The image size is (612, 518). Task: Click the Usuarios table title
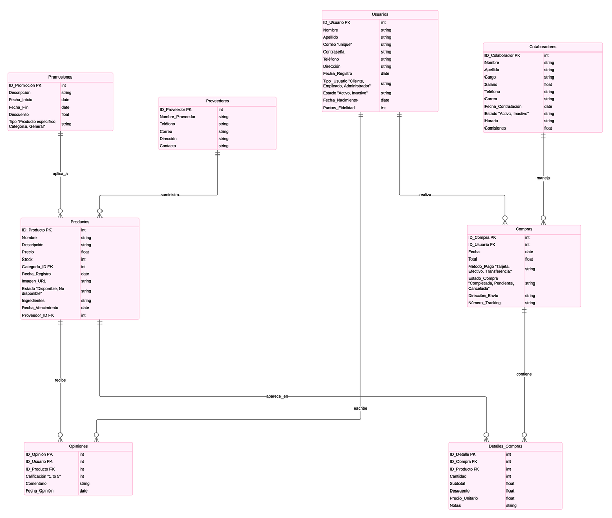(x=379, y=14)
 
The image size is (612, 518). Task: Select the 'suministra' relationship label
(x=170, y=195)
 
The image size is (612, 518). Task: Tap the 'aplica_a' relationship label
(x=60, y=174)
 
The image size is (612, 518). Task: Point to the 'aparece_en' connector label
(x=277, y=396)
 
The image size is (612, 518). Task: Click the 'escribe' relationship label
(x=361, y=408)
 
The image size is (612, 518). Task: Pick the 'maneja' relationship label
(x=543, y=178)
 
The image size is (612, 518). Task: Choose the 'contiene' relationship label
(x=524, y=374)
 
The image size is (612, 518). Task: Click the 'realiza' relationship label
(x=425, y=195)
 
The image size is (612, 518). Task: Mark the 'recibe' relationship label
(x=60, y=380)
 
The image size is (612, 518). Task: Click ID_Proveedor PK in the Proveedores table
(x=176, y=110)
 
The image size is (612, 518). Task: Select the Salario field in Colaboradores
(x=491, y=85)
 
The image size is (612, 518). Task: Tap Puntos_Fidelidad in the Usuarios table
(x=339, y=108)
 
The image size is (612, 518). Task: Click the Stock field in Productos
(x=28, y=260)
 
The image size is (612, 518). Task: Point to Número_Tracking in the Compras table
(x=484, y=303)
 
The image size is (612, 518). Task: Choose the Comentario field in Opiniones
(x=36, y=483)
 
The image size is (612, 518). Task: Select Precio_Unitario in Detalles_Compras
(x=464, y=498)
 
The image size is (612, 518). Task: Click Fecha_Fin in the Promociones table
(x=18, y=107)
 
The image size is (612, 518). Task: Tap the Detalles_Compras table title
(x=505, y=446)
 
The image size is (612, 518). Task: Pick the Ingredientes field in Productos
(x=33, y=301)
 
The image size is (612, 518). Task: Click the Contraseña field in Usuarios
(x=334, y=52)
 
